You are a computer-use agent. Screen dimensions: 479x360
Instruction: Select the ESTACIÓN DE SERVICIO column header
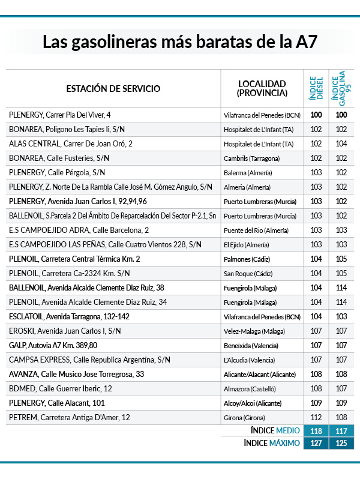coord(113,89)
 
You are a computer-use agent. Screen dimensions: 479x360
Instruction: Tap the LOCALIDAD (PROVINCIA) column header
coord(262,88)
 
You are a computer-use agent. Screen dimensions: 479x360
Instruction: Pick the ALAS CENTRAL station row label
coord(71,143)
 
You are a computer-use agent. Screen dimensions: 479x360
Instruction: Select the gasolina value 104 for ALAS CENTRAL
coord(341,143)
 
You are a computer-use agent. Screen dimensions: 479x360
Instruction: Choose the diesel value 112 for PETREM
coord(317,417)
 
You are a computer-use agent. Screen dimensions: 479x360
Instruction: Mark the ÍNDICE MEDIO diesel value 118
coord(317,430)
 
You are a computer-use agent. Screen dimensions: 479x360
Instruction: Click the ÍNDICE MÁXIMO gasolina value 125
coord(341,443)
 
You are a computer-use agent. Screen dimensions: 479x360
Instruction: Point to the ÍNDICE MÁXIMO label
coord(272,443)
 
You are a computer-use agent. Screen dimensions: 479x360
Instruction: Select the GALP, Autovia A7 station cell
coord(53,345)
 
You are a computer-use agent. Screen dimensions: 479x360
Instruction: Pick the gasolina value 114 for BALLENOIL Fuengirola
coord(341,288)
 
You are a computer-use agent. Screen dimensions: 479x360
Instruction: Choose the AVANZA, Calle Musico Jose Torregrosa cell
coord(76,374)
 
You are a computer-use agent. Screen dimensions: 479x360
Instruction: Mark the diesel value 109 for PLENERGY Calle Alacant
coord(317,403)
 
